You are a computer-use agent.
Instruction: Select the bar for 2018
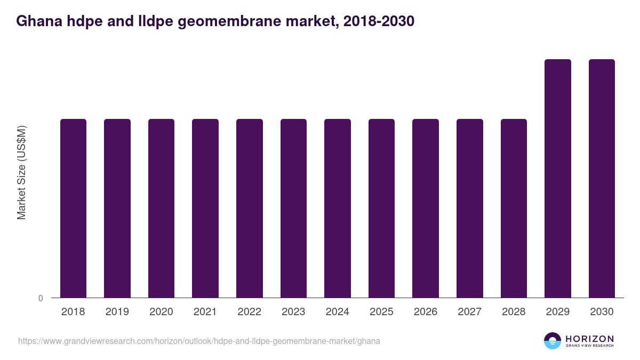coord(73,208)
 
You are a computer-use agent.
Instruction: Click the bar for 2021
coord(205,208)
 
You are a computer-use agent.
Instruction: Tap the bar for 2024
coord(338,208)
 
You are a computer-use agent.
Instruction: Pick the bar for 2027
coord(470,208)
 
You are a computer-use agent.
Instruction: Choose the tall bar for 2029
coord(558,179)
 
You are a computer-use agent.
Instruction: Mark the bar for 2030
coord(602,179)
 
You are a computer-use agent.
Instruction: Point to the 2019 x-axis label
coord(117,312)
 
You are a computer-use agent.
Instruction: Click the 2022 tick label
coord(250,312)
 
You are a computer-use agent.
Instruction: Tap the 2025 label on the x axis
coord(382,312)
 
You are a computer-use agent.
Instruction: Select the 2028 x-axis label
coord(514,312)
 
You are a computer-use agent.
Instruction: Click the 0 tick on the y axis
coord(41,298)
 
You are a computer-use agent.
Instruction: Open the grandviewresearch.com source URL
coord(199,341)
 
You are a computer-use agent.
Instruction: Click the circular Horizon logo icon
coord(553,341)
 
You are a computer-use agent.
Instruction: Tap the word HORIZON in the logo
coord(589,339)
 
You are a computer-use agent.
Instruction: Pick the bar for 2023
coord(294,208)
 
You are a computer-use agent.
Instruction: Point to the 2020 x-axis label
coord(161,312)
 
